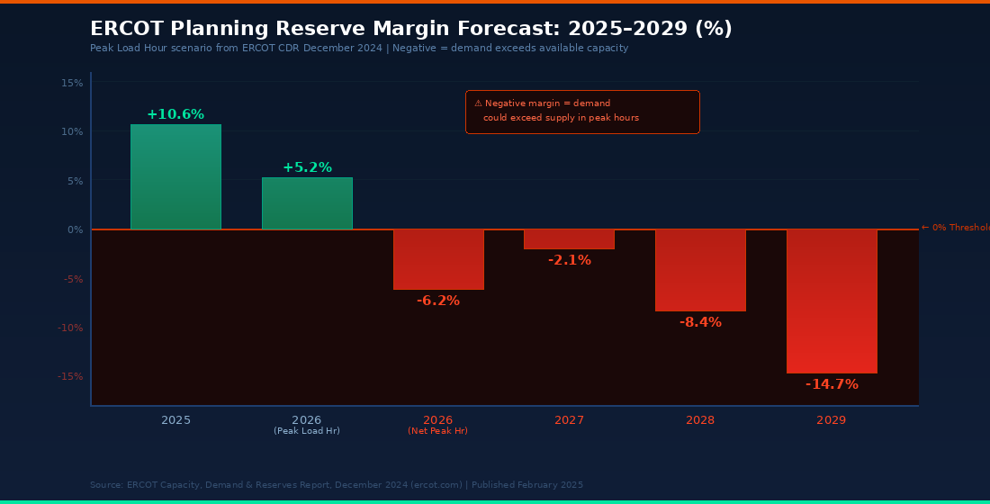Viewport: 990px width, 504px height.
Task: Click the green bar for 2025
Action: click(175, 177)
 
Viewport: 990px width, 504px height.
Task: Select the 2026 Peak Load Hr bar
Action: click(307, 203)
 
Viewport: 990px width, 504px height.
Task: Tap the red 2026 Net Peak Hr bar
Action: click(438, 259)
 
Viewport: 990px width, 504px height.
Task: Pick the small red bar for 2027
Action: click(569, 239)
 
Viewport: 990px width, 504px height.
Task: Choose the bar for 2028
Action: click(700, 270)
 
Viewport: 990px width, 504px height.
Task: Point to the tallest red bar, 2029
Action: click(832, 301)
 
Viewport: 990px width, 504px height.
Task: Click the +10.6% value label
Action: click(175, 114)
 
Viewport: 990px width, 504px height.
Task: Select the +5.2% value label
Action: click(307, 167)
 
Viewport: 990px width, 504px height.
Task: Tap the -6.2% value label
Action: click(438, 301)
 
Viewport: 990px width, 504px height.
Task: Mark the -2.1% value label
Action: click(569, 260)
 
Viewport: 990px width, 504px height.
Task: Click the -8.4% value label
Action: click(700, 322)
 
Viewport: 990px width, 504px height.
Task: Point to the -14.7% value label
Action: click(832, 384)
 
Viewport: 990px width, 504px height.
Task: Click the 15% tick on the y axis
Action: click(72, 83)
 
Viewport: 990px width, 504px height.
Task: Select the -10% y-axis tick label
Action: click(70, 328)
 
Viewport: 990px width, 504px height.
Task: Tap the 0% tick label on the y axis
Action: click(75, 229)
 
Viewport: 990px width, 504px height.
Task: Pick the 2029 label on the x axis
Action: click(832, 420)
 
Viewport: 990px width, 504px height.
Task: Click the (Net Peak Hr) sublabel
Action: click(438, 431)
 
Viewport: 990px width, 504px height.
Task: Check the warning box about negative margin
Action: click(582, 112)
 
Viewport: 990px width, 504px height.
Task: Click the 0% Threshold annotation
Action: click(955, 228)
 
